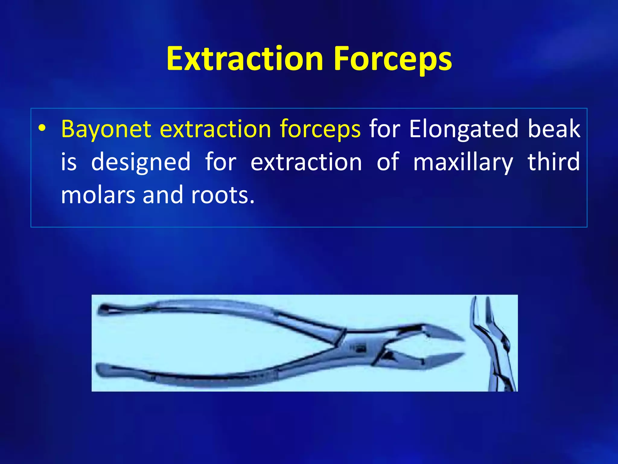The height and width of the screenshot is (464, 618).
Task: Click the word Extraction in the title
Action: click(245, 59)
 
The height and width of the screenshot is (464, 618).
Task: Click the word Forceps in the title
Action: click(392, 59)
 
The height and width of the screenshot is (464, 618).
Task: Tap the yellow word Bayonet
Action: click(106, 129)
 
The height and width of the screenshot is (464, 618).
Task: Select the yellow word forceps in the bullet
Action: click(320, 129)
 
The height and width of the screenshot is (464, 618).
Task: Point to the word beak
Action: click(554, 129)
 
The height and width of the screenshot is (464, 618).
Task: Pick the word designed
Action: click(141, 162)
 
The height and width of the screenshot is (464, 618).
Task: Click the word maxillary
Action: click(463, 162)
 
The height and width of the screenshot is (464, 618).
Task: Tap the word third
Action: click(554, 162)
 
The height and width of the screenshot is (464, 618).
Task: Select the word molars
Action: click(98, 195)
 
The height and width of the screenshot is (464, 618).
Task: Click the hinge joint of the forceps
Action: click(359, 347)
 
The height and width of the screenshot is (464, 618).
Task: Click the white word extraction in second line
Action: click(306, 162)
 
